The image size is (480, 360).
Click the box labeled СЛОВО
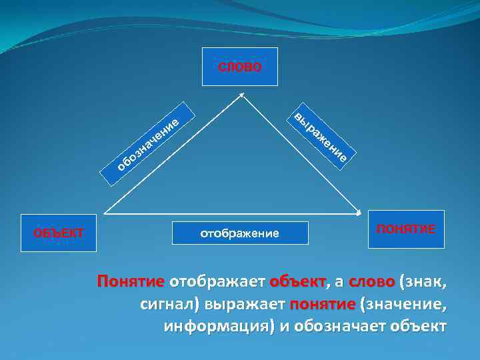pyautogui.click(x=240, y=67)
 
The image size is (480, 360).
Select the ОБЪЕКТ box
pyautogui.click(x=59, y=233)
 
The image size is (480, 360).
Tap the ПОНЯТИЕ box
pyautogui.click(x=406, y=229)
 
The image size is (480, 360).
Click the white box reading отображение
pyautogui.click(x=240, y=233)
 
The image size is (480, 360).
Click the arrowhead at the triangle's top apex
pyautogui.click(x=241, y=95)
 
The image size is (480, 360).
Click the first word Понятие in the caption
pyautogui.click(x=131, y=282)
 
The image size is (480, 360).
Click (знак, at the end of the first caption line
pyautogui.click(x=423, y=282)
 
